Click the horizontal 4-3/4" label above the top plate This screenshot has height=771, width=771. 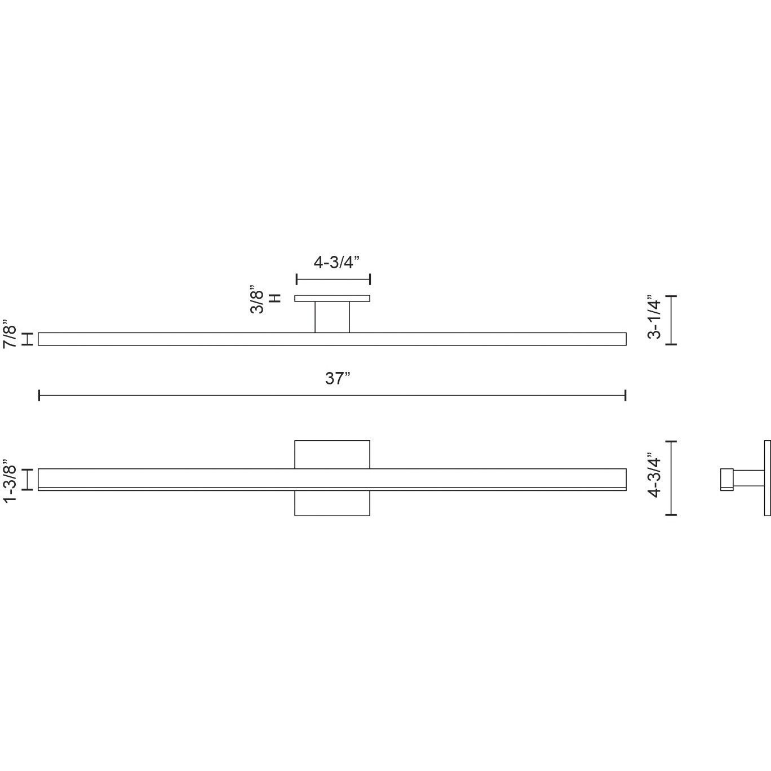pyautogui.click(x=336, y=263)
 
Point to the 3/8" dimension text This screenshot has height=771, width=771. pyautogui.click(x=258, y=299)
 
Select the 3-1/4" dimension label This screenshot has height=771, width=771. pyautogui.click(x=654, y=320)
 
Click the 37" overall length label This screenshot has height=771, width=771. pyautogui.click(x=338, y=379)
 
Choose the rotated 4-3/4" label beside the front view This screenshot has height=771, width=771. pyautogui.click(x=654, y=478)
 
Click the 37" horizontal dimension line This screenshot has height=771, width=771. pyautogui.click(x=333, y=396)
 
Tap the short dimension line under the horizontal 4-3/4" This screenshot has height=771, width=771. pyautogui.click(x=333, y=279)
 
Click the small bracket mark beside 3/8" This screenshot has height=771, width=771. pyautogui.click(x=276, y=298)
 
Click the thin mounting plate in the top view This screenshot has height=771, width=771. pyautogui.click(x=333, y=298)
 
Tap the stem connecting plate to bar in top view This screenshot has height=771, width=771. pyautogui.click(x=332, y=317)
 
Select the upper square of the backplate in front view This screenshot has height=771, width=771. pyautogui.click(x=333, y=454)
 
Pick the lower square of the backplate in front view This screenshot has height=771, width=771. pyautogui.click(x=333, y=503)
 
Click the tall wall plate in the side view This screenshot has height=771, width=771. pyautogui.click(x=767, y=478)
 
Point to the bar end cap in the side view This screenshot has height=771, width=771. pyautogui.click(x=726, y=479)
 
